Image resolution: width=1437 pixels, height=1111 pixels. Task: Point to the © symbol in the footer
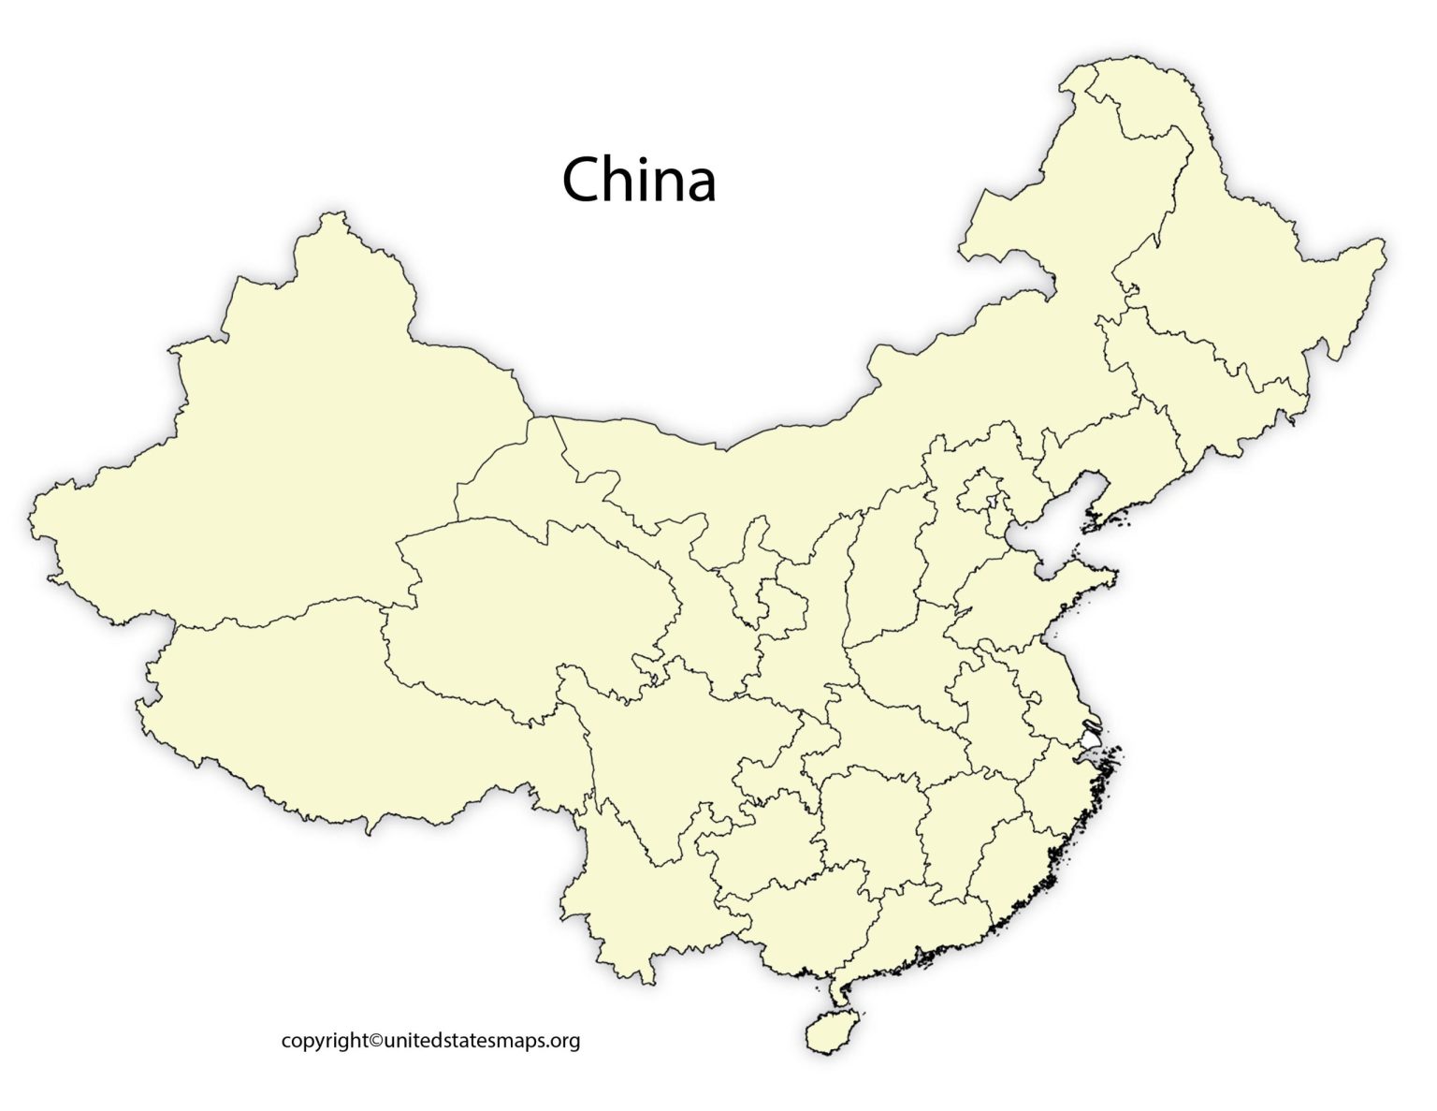tap(376, 1040)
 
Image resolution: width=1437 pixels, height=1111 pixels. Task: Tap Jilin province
tap(1207, 393)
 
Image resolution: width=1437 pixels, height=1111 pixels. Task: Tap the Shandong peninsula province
tap(1020, 599)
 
